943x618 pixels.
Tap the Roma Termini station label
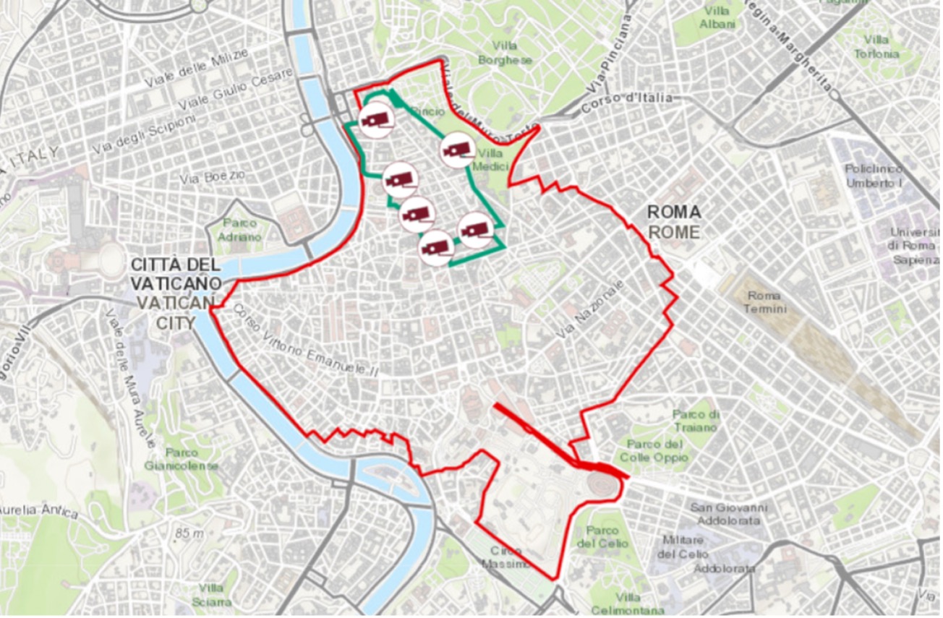click(764, 302)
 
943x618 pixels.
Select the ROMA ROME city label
click(673, 223)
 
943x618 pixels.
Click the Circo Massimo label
click(506, 557)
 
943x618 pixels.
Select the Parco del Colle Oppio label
click(654, 450)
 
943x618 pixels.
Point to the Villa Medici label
click(491, 160)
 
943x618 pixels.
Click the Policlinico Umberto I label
click(874, 176)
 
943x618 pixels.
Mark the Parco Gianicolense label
click(181, 459)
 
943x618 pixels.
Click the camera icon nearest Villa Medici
click(458, 150)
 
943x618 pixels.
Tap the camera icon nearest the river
click(376, 120)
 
